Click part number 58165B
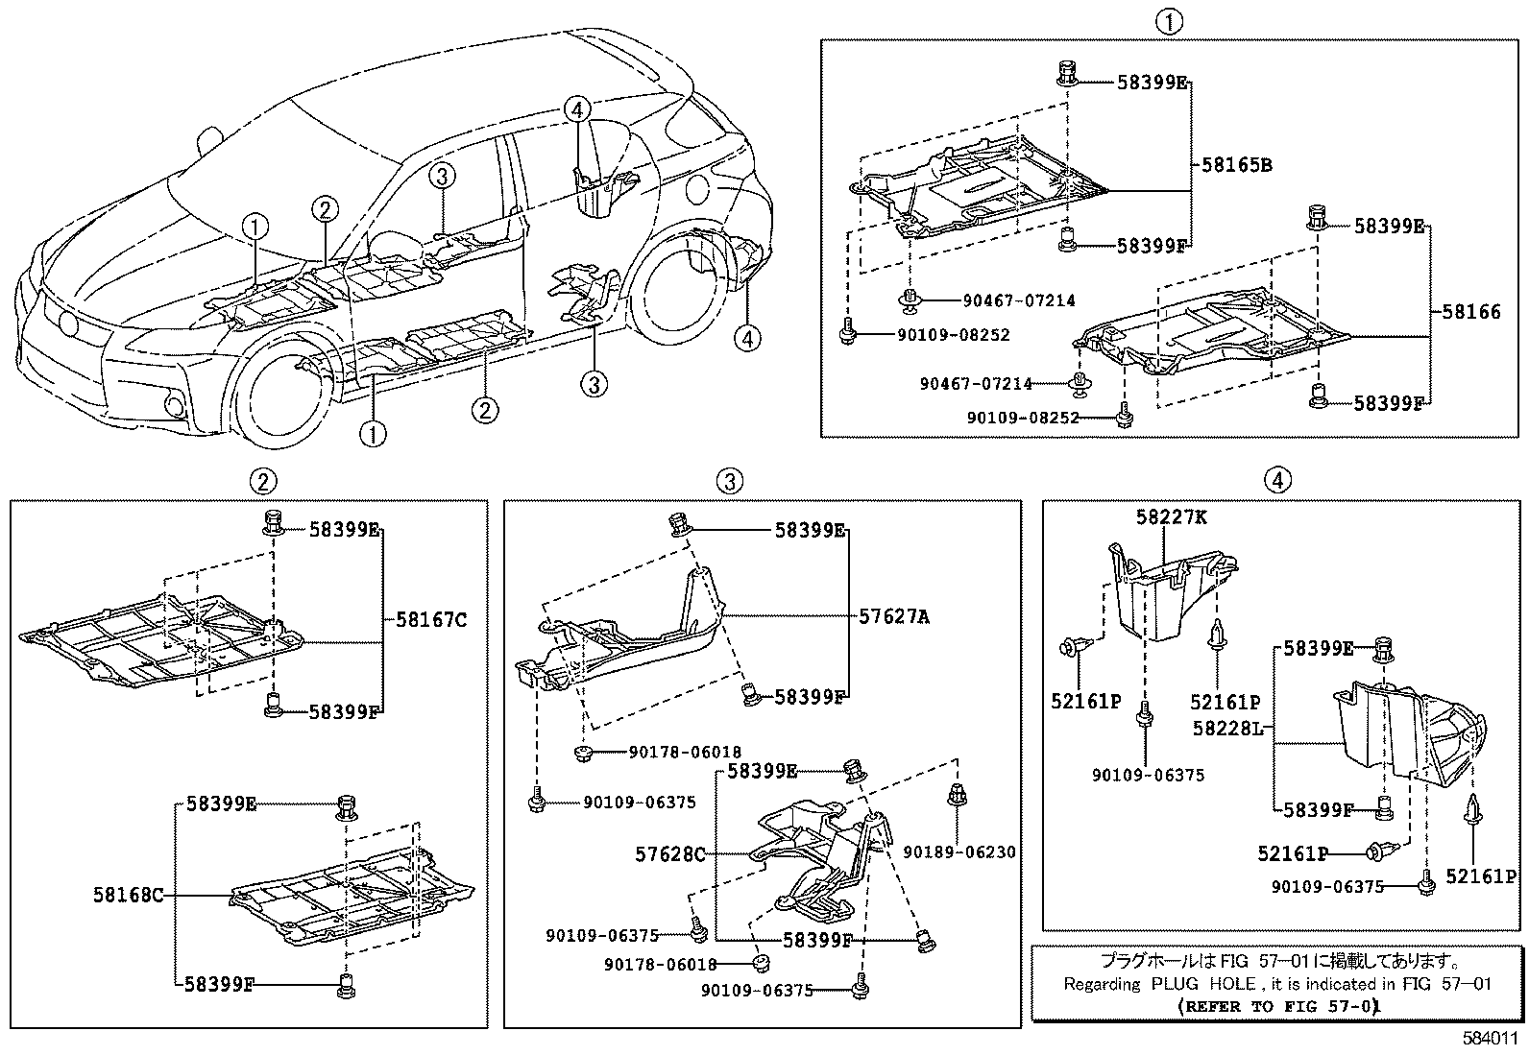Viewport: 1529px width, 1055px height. [1237, 165]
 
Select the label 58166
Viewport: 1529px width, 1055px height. [1470, 311]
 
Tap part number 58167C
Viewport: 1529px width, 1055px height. [431, 620]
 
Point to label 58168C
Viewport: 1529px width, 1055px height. [128, 895]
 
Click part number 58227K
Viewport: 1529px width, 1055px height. [1171, 517]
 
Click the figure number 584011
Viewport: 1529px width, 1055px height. [1491, 1039]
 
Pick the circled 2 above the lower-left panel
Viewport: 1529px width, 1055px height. [263, 480]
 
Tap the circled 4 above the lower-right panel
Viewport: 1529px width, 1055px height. [1277, 480]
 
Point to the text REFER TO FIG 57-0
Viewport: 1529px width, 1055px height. [1278, 1006]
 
